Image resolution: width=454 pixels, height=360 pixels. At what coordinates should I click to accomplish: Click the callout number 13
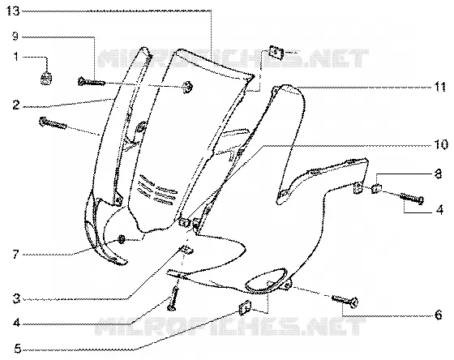click(13, 11)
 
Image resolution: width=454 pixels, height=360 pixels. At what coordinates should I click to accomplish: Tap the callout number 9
click(15, 36)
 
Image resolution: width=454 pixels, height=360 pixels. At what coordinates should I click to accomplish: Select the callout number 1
click(16, 57)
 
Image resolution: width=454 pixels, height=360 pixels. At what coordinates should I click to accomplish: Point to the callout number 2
click(16, 105)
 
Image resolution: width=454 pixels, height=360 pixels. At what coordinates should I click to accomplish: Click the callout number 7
click(16, 255)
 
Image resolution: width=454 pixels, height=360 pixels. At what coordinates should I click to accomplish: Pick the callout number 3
click(16, 298)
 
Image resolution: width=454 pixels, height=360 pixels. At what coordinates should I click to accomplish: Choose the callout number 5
click(17, 349)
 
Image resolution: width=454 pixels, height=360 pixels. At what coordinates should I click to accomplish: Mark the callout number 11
click(439, 87)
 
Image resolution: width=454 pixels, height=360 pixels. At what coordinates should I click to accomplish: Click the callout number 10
click(441, 144)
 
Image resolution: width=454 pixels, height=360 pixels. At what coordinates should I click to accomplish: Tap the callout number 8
click(438, 174)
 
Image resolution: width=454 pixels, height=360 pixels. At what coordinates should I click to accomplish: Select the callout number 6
click(438, 315)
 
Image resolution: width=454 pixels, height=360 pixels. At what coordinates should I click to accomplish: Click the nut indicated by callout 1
click(46, 79)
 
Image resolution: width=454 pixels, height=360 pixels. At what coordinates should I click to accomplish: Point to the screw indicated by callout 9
click(91, 82)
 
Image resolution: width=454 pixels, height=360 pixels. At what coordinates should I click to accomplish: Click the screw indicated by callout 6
click(345, 301)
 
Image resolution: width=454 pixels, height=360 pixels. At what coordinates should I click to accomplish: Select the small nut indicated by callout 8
click(376, 189)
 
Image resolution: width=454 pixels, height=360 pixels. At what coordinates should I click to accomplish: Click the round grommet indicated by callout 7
click(122, 239)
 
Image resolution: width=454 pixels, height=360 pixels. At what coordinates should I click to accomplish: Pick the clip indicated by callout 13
click(276, 53)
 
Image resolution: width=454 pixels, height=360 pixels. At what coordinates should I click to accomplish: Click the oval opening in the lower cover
click(266, 281)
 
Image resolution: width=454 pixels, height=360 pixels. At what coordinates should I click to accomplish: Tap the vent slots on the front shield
click(157, 189)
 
